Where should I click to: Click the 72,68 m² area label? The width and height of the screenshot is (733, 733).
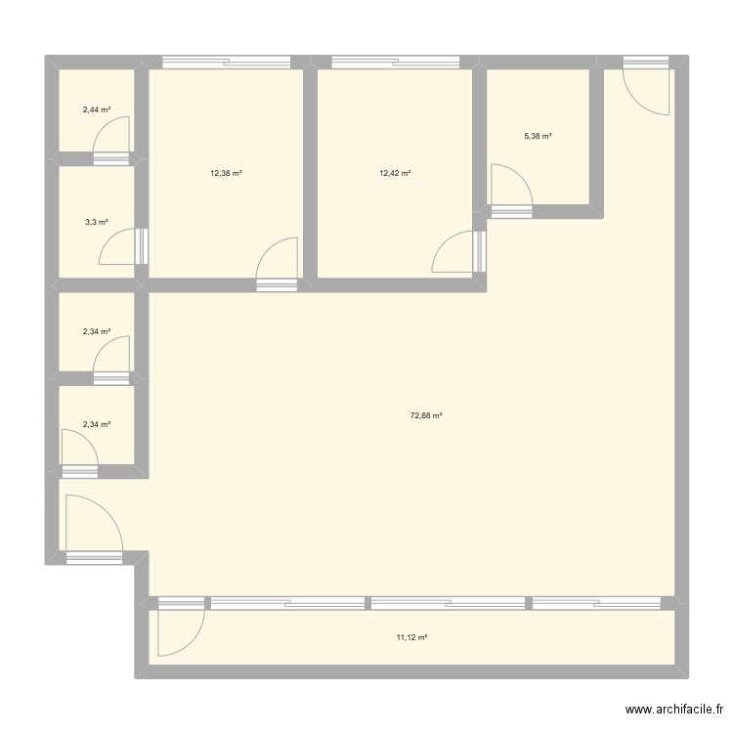426,415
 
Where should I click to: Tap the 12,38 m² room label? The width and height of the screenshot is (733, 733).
226,173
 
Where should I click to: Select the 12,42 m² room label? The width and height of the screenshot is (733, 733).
395,173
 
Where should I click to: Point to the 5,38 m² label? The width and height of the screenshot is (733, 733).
538,137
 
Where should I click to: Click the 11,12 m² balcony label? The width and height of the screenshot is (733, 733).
411,637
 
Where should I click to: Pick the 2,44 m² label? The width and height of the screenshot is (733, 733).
96,109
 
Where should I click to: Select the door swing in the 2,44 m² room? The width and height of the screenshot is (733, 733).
114,136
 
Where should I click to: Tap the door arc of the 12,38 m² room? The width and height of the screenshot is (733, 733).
279,259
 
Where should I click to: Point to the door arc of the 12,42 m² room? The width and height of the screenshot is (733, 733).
453,252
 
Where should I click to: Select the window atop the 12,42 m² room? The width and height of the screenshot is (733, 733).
395,64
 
